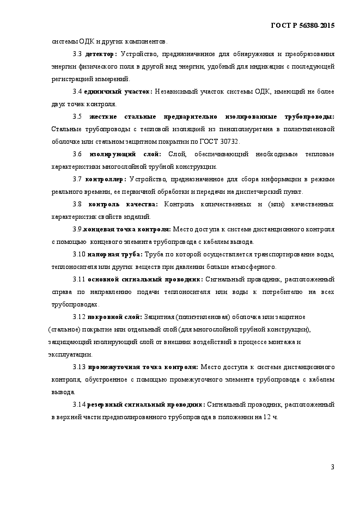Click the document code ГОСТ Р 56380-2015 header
[302, 26]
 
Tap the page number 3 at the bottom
[332, 467]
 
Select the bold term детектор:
[101, 54]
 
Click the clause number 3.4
[77, 91]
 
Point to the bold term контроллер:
[106, 179]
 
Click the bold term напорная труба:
[115, 254]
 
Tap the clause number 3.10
[79, 254]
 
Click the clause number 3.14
[79, 404]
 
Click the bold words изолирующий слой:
[127, 154]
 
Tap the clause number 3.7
[77, 179]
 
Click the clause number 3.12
[79, 317]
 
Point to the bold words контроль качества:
[123, 204]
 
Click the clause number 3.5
[77, 116]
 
